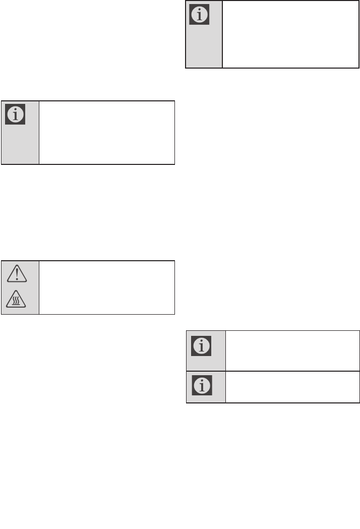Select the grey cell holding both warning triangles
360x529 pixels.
(x=20, y=287)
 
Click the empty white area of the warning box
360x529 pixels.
(x=106, y=287)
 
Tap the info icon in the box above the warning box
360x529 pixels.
(x=15, y=115)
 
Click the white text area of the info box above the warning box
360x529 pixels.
(x=106, y=133)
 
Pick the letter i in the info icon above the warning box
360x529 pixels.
(x=15, y=115)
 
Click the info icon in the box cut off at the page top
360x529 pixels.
(x=199, y=15)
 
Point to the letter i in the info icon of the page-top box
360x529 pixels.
(x=199, y=15)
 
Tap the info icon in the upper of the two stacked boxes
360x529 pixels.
(x=201, y=346)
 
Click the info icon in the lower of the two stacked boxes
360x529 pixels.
(x=201, y=385)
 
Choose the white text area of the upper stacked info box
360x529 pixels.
(x=292, y=351)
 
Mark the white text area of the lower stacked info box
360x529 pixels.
(x=292, y=387)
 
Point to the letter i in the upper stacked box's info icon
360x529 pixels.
(x=201, y=346)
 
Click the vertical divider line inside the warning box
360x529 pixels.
(x=39, y=287)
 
